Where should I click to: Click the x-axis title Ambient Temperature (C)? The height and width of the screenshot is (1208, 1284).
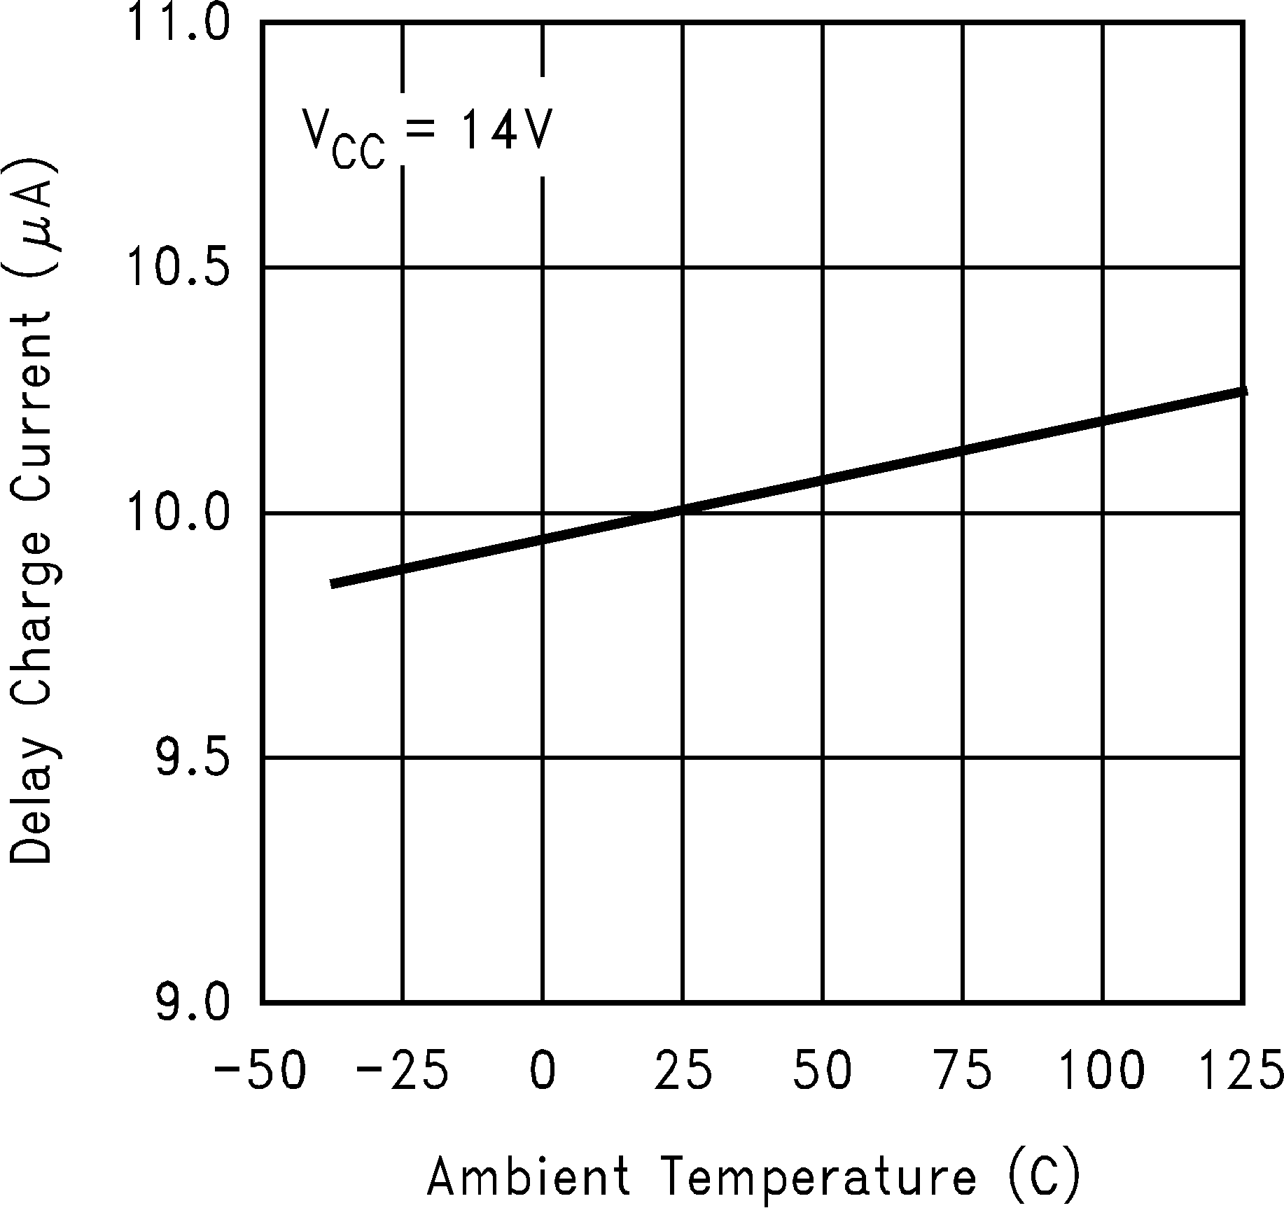click(x=753, y=1174)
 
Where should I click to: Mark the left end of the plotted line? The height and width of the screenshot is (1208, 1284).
click(x=332, y=584)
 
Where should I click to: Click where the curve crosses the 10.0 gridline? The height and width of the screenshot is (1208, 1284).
click(x=669, y=513)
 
